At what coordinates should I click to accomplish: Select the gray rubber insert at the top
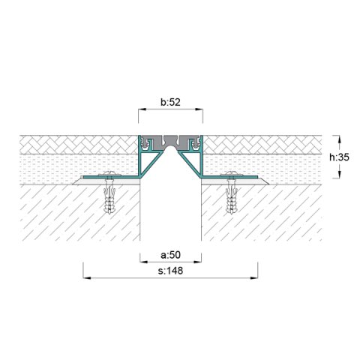click(170, 141)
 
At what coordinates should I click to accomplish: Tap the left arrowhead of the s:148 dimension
click(84, 278)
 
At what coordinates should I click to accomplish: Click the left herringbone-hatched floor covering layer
click(75, 145)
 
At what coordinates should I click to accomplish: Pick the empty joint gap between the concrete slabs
click(170, 210)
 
